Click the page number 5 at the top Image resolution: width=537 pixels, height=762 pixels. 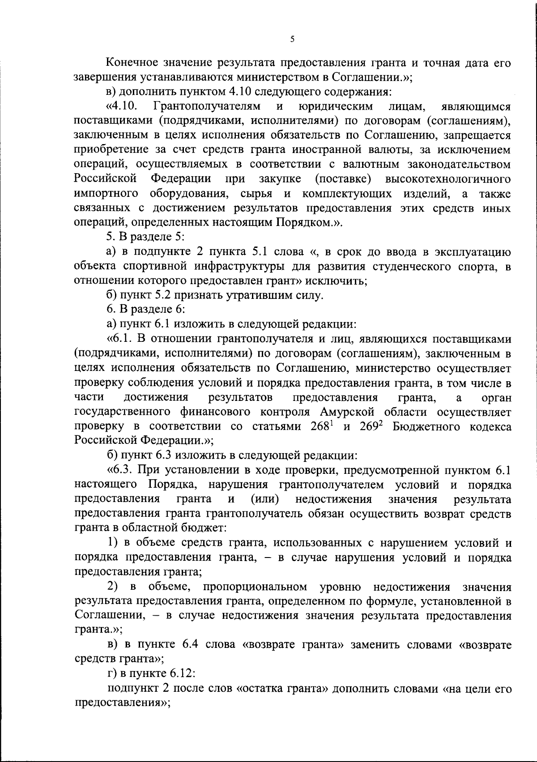click(x=292, y=39)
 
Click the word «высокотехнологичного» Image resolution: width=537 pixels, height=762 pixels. click(x=447, y=179)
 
